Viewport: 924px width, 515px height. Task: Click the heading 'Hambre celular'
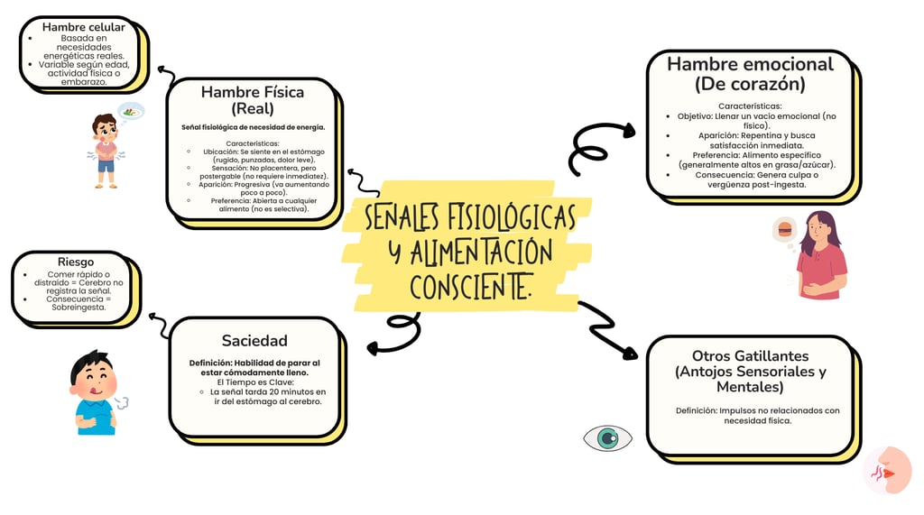83,27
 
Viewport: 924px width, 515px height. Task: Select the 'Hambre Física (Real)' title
252,100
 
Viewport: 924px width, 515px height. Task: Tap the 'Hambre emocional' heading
750,74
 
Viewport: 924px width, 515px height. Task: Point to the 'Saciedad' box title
254,340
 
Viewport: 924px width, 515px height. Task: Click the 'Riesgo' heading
75,262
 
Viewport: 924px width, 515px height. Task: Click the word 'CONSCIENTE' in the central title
470,287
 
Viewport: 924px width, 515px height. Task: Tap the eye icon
607,438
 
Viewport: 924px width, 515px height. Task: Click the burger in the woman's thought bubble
785,229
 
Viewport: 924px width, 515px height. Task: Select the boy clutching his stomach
106,151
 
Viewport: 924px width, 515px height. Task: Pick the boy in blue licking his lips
94,393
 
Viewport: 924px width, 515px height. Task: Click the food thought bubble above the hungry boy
132,111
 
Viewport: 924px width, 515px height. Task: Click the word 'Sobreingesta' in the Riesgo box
79,307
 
